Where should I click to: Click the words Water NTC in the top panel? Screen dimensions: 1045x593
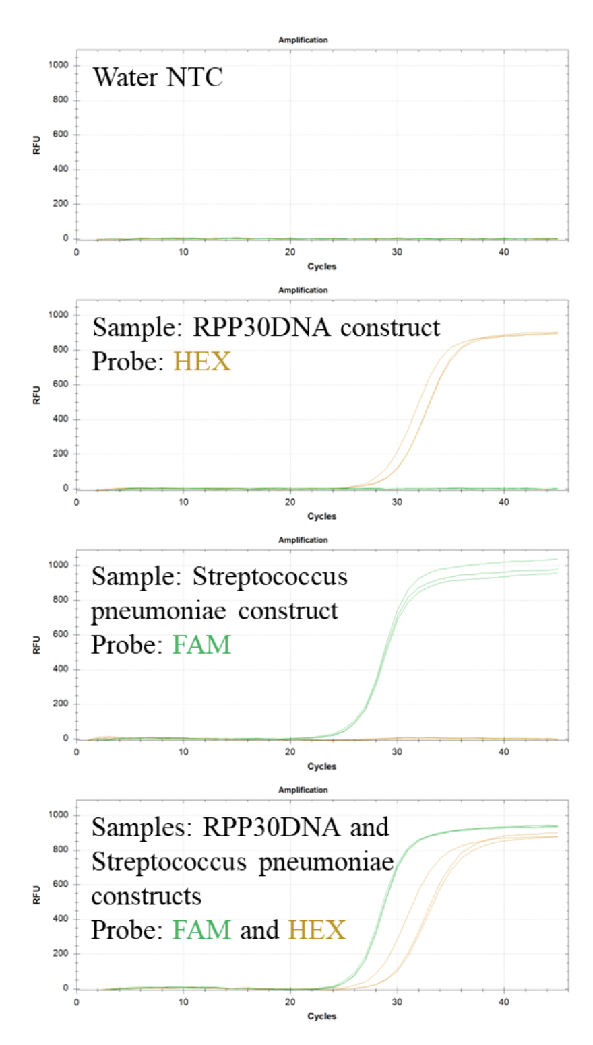pos(158,77)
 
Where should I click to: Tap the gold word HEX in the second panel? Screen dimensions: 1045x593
pos(201,362)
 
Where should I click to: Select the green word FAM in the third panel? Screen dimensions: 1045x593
pos(201,644)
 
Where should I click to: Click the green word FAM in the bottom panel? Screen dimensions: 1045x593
pos(201,930)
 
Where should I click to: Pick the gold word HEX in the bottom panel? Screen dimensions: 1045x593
pos(317,930)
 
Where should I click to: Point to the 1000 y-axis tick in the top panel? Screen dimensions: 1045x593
pos(57,65)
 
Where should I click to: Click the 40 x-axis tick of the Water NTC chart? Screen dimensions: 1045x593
pos(503,252)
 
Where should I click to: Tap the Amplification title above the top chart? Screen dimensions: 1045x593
pos(303,40)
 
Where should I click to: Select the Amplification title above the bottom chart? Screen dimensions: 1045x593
pos(303,790)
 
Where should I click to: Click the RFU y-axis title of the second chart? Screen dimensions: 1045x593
pos(37,395)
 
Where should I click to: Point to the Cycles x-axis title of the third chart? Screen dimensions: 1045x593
pos(321,766)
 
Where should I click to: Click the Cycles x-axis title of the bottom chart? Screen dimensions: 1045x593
pos(321,1016)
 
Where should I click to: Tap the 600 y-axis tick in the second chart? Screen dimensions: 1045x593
pos(61,385)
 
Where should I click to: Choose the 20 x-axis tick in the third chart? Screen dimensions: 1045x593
pos(290,751)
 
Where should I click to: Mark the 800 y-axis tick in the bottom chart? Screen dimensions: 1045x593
pos(61,850)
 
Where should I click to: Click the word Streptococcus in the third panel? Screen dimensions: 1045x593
pos(270,577)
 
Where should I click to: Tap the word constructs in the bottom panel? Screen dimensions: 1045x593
pos(146,896)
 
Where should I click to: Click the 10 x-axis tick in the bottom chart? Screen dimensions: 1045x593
pos(183,1001)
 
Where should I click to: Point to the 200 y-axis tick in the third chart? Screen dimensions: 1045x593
pos(61,704)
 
